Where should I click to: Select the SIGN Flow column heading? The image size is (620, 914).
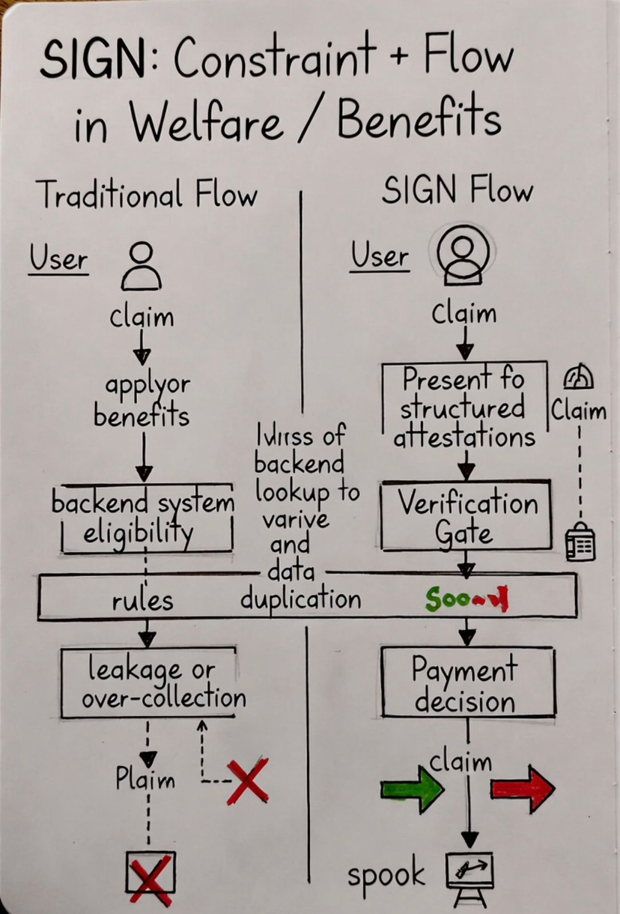[457, 192]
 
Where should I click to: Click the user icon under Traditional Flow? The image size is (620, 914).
[141, 267]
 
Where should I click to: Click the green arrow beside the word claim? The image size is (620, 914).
[412, 790]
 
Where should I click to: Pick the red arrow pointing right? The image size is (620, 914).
[523, 788]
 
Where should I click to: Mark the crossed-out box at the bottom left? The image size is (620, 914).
[151, 876]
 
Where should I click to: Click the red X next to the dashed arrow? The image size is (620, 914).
[247, 782]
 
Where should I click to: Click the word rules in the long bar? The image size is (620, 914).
[142, 600]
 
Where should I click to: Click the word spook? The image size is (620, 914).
[386, 875]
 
